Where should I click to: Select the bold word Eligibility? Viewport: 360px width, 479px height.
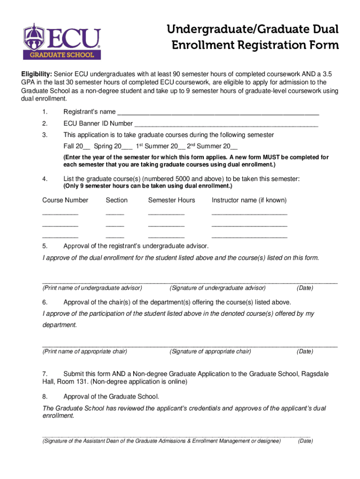pos(38,74)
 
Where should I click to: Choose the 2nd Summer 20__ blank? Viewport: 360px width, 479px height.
pos(231,146)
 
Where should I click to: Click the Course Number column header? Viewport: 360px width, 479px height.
pos(65,200)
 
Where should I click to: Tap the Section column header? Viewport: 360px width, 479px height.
pos(116,200)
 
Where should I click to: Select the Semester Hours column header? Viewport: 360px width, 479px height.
pos(172,200)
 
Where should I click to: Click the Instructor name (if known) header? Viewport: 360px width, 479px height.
pos(249,200)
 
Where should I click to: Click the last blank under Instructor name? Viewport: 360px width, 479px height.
pos(249,238)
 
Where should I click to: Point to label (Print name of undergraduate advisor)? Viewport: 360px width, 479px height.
pos(92,288)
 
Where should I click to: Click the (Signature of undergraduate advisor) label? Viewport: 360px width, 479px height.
pos(217,288)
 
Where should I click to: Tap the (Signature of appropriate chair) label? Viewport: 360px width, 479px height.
pos(210,351)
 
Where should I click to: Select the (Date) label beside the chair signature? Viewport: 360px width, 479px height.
pos(305,351)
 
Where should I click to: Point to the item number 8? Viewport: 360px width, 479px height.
pos(44,396)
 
